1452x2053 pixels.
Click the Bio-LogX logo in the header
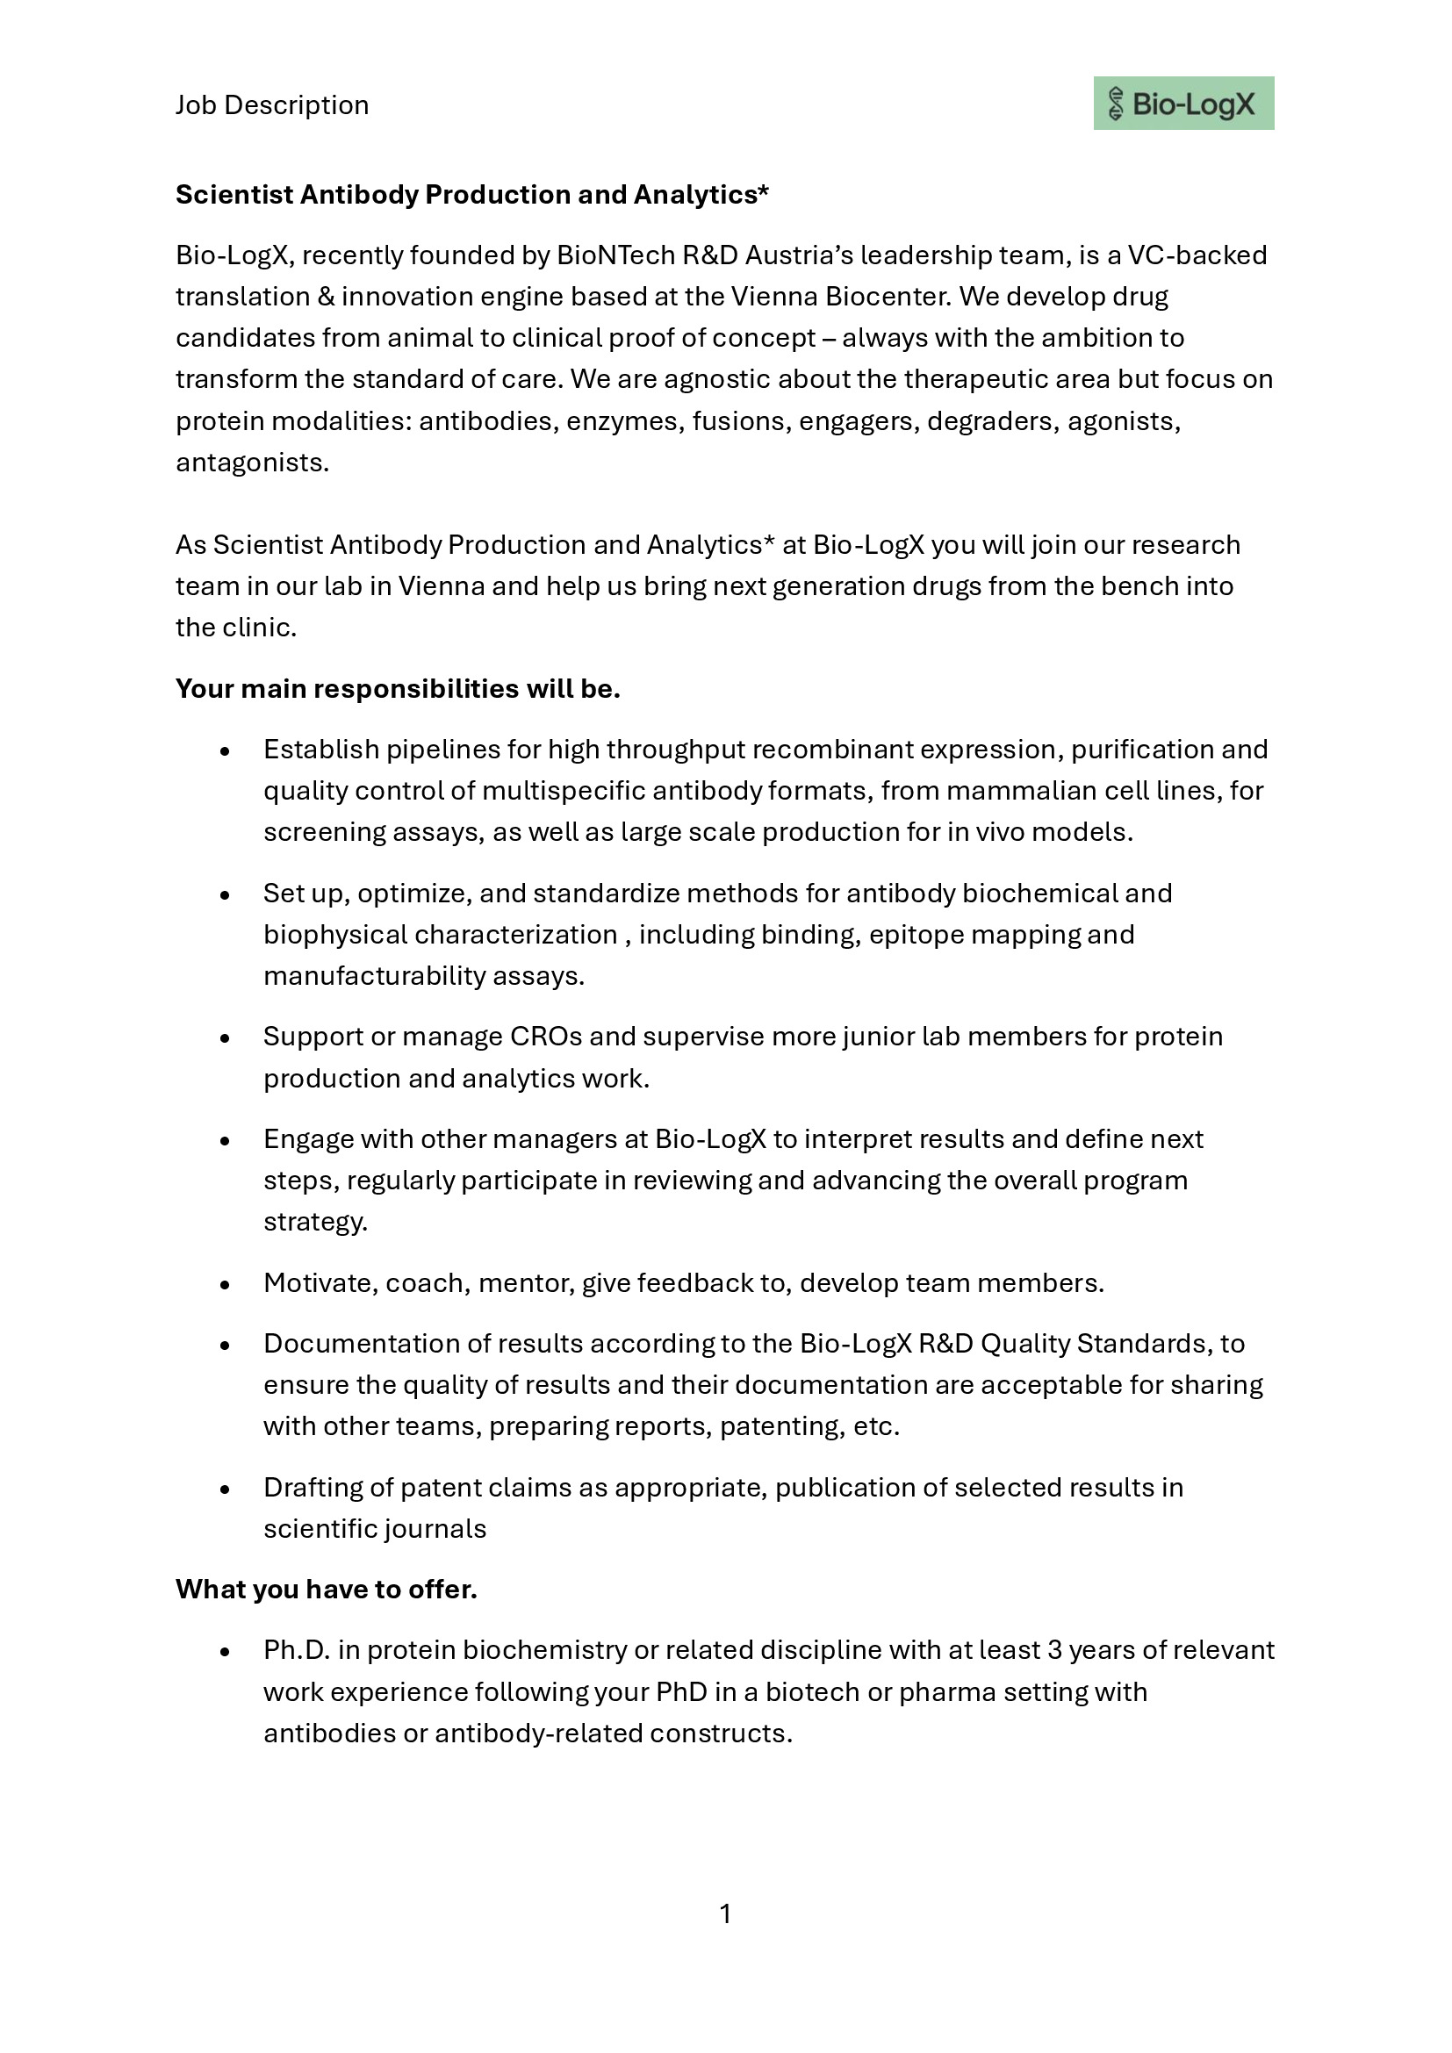pos(1182,104)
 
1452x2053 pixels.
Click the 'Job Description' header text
pos(272,105)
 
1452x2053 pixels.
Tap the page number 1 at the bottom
pos(725,1913)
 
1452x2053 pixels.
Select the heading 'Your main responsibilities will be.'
pos(398,688)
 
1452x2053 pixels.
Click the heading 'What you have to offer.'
pos(327,1589)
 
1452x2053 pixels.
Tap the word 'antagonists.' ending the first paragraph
pos(252,463)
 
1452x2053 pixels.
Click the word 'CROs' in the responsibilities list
pos(545,1037)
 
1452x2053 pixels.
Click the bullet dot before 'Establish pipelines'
pos(225,751)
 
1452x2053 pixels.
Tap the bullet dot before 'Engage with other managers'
pos(225,1141)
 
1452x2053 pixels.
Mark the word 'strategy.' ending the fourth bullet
pos(315,1223)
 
